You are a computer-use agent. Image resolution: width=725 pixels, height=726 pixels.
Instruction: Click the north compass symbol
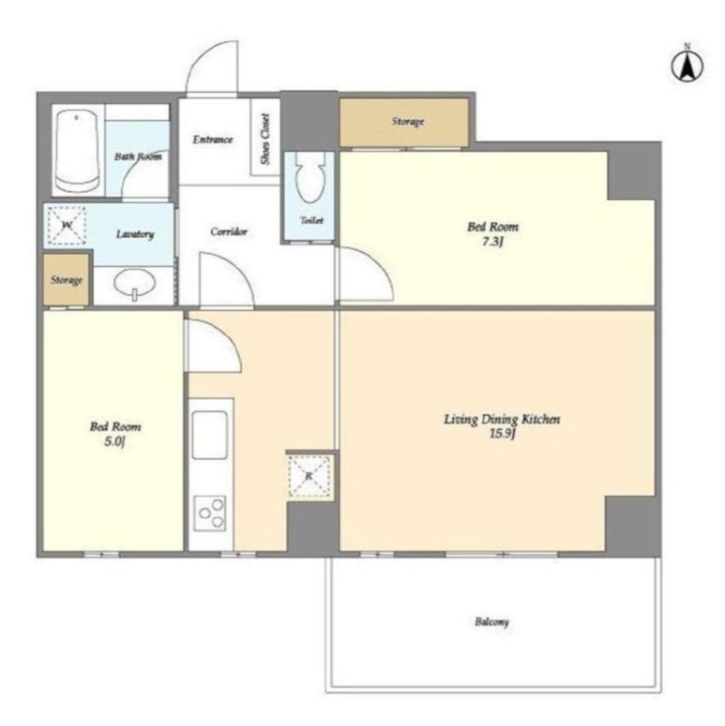(687, 65)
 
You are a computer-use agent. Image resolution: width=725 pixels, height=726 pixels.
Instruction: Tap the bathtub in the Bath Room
(77, 151)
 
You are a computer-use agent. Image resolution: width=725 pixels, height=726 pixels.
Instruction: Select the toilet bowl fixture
(310, 178)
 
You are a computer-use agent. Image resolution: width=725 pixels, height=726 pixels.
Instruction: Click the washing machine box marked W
(68, 226)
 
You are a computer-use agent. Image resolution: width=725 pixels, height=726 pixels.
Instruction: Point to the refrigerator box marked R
(310, 477)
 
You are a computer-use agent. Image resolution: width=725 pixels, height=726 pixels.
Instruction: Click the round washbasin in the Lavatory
(134, 283)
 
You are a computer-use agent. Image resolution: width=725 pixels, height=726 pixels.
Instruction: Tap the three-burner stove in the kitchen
(210, 513)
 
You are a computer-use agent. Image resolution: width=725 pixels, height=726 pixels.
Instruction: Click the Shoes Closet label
(265, 139)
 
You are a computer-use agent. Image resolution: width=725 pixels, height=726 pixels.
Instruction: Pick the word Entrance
(213, 139)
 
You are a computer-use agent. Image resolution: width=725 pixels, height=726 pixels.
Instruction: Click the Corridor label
(229, 231)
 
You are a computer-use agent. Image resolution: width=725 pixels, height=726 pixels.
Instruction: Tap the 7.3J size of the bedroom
(491, 242)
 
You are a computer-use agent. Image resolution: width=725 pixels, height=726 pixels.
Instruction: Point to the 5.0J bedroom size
(114, 441)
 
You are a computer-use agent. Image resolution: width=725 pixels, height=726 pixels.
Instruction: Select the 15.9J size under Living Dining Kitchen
(503, 434)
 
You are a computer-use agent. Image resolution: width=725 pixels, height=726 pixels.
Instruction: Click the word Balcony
(491, 621)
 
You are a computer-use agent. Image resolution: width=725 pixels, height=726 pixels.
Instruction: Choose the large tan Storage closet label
(408, 121)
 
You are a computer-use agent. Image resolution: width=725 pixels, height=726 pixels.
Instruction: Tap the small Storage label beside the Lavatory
(67, 280)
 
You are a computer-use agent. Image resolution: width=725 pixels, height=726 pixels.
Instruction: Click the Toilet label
(311, 220)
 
